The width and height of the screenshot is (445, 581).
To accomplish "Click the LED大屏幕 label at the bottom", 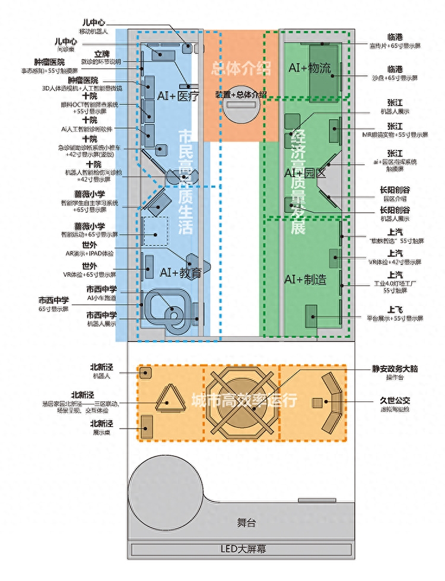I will tap(241, 549).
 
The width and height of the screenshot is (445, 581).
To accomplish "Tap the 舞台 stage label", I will tap(246, 523).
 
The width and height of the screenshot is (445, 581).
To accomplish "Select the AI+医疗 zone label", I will tap(177, 95).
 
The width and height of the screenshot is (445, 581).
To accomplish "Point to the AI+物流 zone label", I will tap(309, 68).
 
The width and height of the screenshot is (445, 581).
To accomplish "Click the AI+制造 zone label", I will tap(305, 279).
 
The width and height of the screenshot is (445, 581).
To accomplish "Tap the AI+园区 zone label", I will tap(305, 173).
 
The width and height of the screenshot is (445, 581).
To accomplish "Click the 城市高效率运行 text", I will tap(244, 400).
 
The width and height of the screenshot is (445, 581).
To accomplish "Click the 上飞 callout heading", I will tap(396, 309).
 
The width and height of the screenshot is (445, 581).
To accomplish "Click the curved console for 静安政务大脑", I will tap(332, 404).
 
